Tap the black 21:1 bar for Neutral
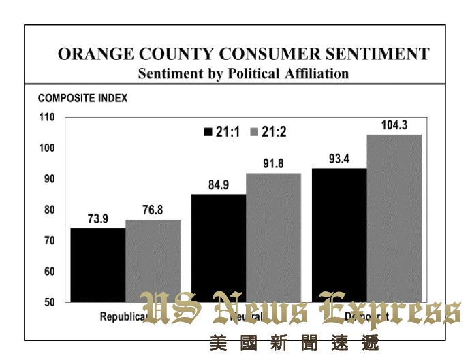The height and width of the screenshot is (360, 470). coord(218,248)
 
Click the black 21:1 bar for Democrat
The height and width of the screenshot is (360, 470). coord(339,235)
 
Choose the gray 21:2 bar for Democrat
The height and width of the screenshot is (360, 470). coord(394,218)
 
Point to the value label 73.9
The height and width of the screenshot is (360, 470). coord(98,219)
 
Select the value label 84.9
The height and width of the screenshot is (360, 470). coord(219,186)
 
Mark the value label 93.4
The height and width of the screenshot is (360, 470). coord(339,159)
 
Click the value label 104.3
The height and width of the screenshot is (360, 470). coord(394,125)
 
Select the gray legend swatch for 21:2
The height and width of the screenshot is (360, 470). coord(257,132)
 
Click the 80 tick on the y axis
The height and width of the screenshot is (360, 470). coord(49,210)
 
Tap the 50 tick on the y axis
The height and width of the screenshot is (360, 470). coord(49,302)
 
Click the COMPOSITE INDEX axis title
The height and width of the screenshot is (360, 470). coord(82,98)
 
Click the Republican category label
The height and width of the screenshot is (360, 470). coord(123,316)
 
